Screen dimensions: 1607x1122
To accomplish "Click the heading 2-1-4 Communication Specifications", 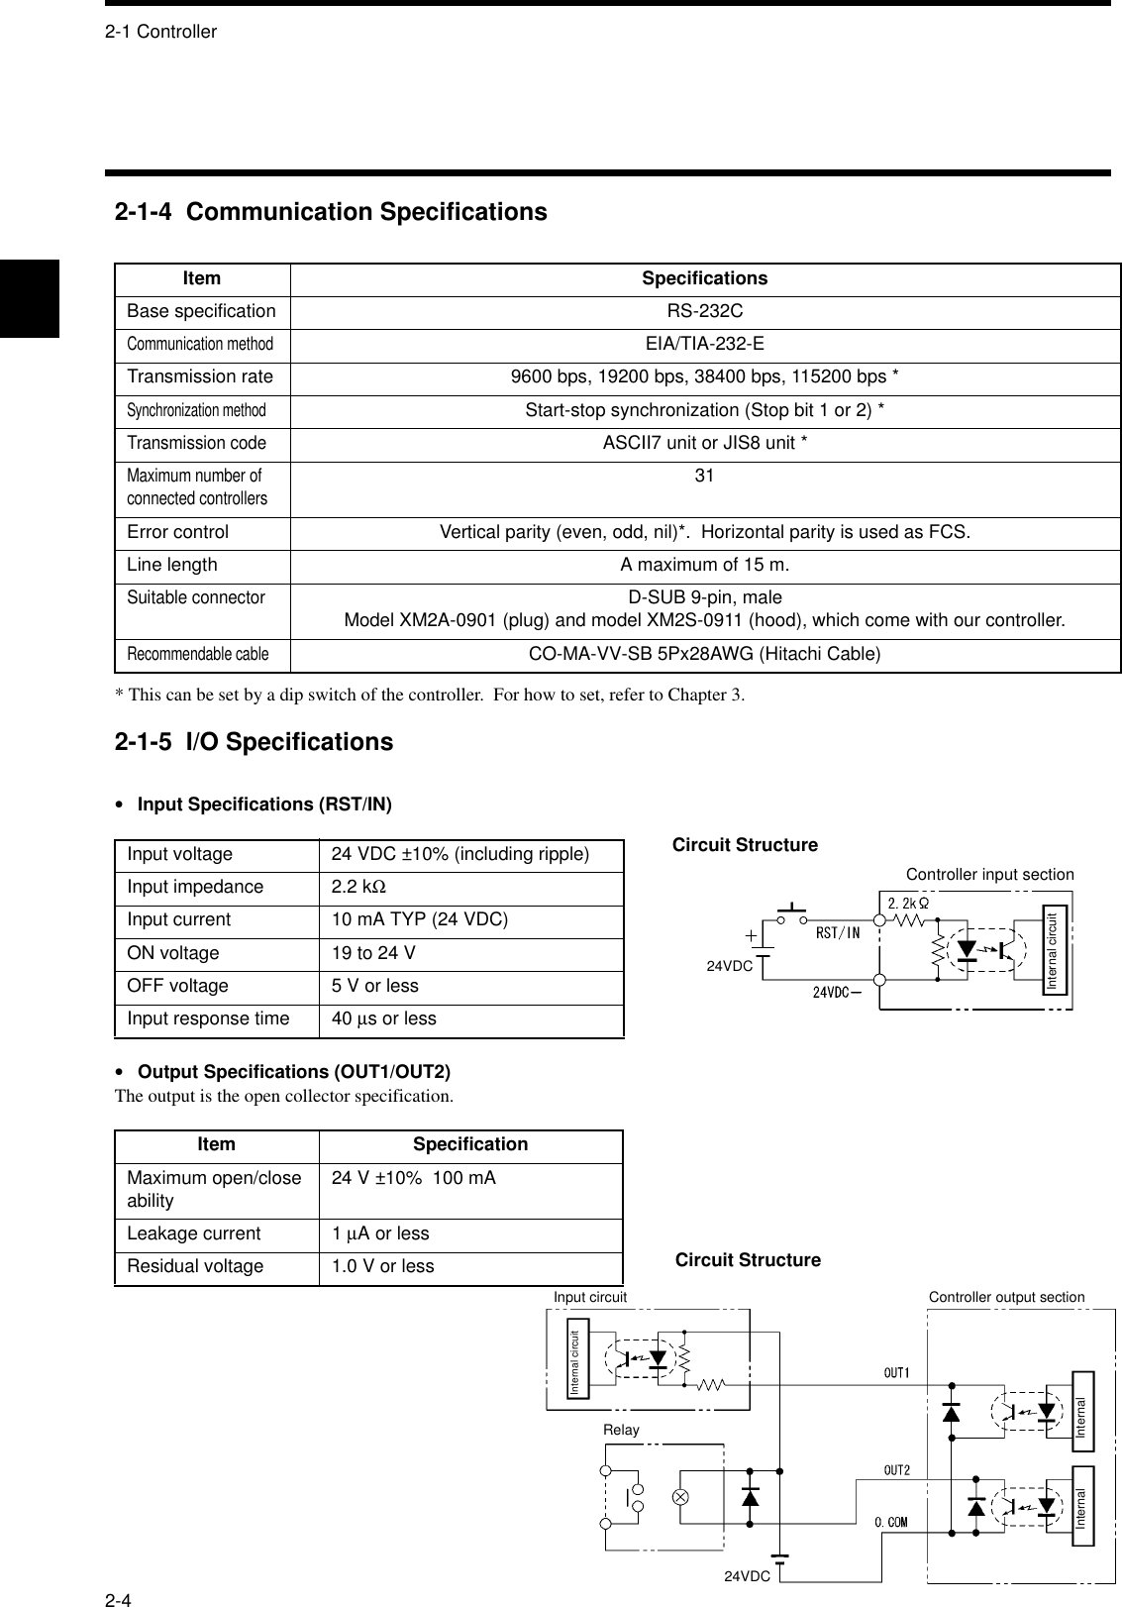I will coord(331,212).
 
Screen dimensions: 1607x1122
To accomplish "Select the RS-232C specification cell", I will coord(704,311).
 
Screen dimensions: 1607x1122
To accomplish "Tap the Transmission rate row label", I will coord(200,376).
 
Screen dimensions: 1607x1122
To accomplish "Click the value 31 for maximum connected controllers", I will coord(704,476).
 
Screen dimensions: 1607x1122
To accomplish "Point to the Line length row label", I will coord(172,565).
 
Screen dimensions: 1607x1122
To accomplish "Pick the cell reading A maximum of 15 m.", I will coord(704,565).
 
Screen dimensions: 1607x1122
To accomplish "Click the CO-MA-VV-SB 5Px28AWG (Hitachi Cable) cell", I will coord(704,654).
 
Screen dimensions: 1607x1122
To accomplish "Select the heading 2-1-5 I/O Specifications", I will coord(254,742).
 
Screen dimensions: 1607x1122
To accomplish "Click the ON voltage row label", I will coord(173,953).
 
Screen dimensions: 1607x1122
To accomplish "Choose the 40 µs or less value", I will coord(383,1018).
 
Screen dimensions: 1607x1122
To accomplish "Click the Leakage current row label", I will coord(194,1233).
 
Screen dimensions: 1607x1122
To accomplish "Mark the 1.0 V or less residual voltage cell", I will coord(382,1266).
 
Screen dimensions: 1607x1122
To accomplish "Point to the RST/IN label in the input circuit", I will coord(838,931).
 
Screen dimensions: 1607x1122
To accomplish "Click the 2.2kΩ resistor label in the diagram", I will coord(907,903).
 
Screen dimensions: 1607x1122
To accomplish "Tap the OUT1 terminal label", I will coord(896,1372).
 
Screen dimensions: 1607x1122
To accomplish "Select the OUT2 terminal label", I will coord(896,1470).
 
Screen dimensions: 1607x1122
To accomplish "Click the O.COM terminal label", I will coord(891,1521).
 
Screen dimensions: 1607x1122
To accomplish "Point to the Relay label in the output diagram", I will coord(621,1430).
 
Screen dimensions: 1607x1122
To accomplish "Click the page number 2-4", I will coord(120,1598).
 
